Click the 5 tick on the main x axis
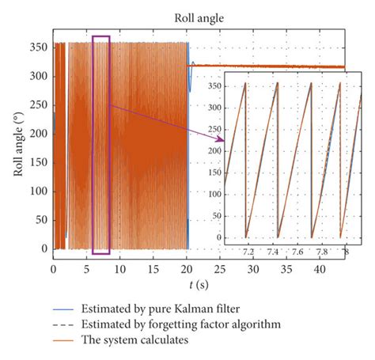coord(86,269)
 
